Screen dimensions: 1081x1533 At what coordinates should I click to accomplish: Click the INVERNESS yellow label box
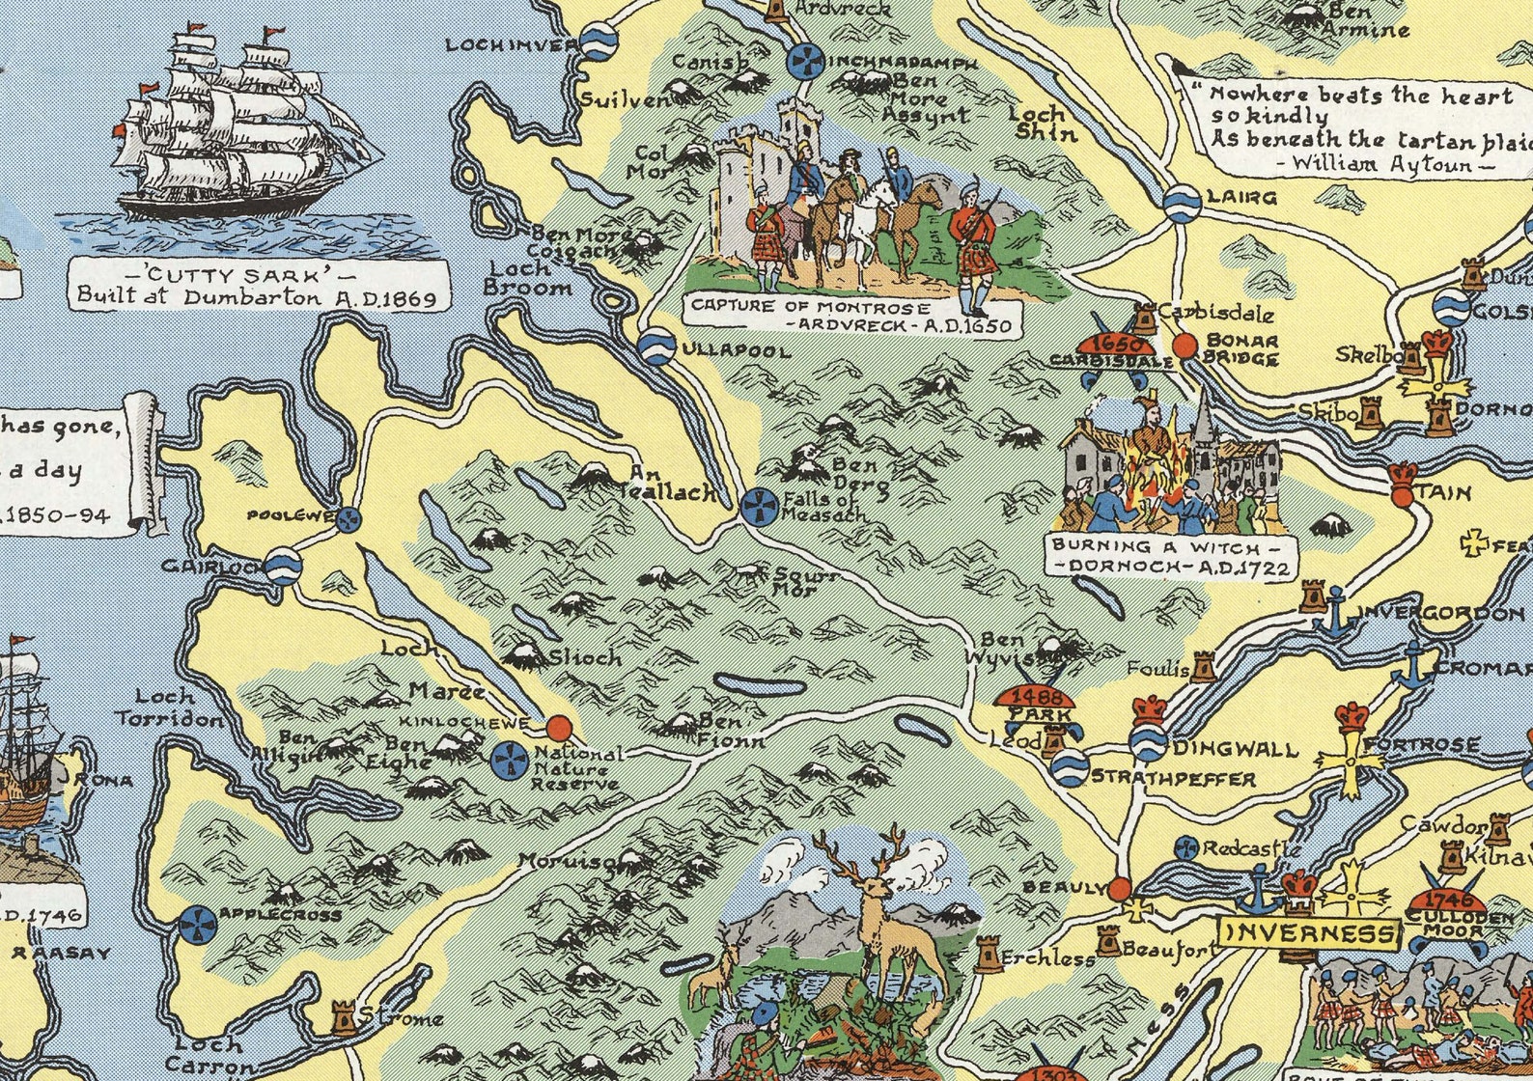[x=1308, y=933]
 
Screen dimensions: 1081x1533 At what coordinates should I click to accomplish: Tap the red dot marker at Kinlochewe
[x=558, y=727]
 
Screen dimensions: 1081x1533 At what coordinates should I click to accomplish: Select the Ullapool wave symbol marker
[x=656, y=346]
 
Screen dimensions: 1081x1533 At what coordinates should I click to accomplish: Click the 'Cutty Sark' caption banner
[x=259, y=285]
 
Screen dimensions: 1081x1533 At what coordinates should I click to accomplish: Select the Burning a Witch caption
[x=1171, y=557]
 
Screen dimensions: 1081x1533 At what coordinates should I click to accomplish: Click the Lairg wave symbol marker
[x=1182, y=203]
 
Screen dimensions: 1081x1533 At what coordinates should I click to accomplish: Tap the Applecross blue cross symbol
[x=197, y=924]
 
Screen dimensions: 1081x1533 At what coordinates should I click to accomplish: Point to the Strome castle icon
[x=343, y=1017]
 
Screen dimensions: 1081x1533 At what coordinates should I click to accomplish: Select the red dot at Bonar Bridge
[x=1185, y=346]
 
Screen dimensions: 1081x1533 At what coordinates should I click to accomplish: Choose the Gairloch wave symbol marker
[x=283, y=566]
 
